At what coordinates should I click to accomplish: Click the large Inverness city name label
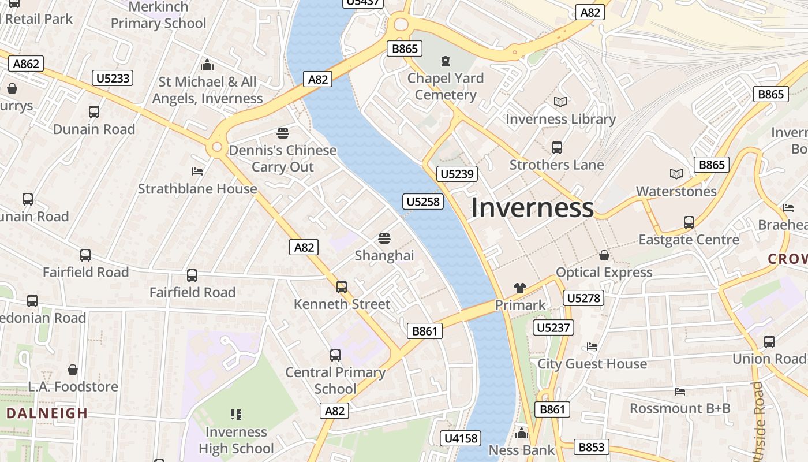(x=532, y=208)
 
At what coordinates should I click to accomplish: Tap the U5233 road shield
(x=113, y=78)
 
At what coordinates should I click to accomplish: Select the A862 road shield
(x=26, y=64)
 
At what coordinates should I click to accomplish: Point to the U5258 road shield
(x=423, y=202)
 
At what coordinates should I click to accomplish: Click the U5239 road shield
(x=457, y=174)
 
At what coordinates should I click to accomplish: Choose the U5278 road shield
(x=583, y=298)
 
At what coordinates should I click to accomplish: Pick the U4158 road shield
(x=461, y=438)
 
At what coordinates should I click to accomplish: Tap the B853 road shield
(x=592, y=447)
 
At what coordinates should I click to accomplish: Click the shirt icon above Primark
(x=520, y=288)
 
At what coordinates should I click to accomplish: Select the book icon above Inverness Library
(x=560, y=102)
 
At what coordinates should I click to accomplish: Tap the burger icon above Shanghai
(x=384, y=238)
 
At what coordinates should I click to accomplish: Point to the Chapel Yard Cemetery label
(x=446, y=87)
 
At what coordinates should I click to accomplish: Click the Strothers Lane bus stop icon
(x=556, y=148)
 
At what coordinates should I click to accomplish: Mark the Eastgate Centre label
(x=689, y=239)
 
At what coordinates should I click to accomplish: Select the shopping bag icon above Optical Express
(x=604, y=255)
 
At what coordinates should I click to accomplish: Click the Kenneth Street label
(x=342, y=304)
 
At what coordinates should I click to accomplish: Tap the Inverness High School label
(x=236, y=440)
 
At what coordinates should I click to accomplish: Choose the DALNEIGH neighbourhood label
(x=47, y=413)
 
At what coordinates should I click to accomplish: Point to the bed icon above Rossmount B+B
(x=680, y=392)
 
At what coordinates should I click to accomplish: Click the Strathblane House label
(x=197, y=189)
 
